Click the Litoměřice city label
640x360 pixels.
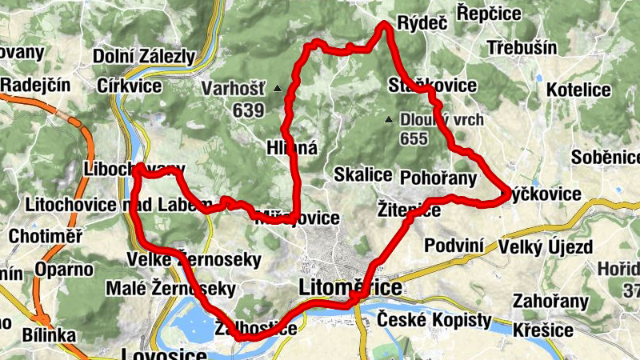tap(350, 287)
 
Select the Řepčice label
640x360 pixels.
tap(488, 14)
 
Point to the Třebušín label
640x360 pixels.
tap(522, 47)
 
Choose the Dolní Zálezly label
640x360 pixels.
tap(144, 56)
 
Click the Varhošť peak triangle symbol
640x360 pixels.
tap(278, 88)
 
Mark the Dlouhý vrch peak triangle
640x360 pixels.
tap(389, 120)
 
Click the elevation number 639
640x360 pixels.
tap(249, 111)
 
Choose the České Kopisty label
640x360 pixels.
tap(434, 320)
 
